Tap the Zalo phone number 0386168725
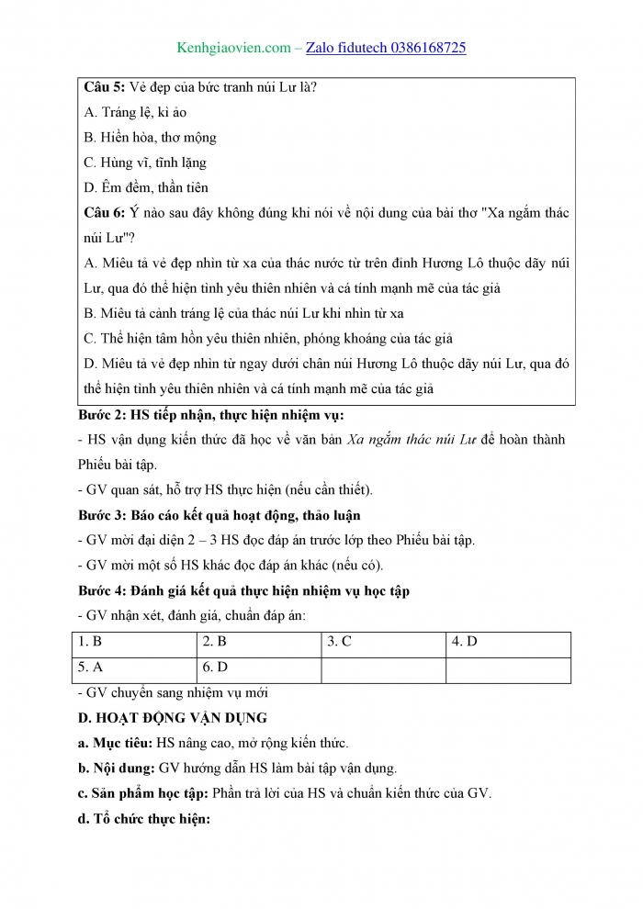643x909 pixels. point(416,47)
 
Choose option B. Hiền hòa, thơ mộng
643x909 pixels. point(150,137)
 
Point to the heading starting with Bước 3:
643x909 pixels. point(219,515)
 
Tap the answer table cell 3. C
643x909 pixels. point(340,642)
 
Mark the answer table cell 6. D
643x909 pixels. point(215,668)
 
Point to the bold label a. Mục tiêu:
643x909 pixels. point(116,743)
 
